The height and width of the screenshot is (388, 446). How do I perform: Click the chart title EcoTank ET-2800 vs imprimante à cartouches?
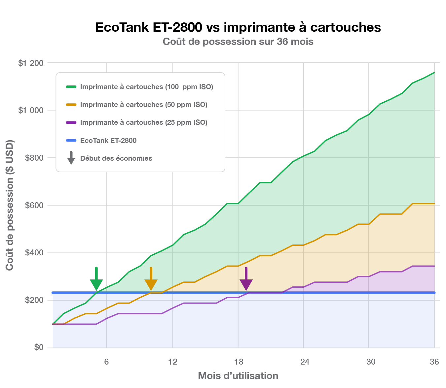238,27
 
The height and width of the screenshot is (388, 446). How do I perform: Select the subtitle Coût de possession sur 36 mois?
238,42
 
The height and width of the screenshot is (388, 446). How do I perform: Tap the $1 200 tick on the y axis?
31,63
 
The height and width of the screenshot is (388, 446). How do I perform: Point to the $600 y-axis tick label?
34,206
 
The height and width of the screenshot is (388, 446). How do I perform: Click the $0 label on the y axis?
39,347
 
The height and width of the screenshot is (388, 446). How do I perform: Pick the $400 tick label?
34,253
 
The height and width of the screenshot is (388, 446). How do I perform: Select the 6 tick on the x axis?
106,362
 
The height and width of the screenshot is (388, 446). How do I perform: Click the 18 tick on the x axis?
239,362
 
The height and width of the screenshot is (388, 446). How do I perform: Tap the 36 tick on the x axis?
434,362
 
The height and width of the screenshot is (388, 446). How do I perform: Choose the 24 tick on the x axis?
305,362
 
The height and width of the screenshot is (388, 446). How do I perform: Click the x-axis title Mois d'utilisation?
238,376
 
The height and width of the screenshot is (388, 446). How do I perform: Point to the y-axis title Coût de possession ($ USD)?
10,205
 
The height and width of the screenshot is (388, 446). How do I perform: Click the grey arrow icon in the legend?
71,158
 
